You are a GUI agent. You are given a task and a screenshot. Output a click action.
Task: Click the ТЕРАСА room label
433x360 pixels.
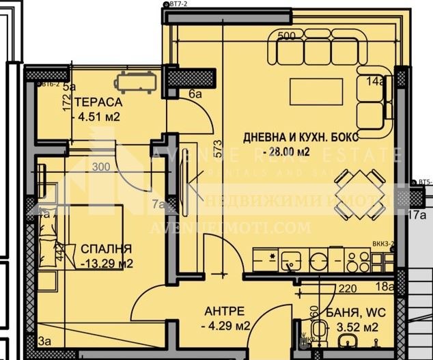click(98, 102)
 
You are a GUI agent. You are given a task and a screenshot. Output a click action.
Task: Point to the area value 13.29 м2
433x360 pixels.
click(107, 262)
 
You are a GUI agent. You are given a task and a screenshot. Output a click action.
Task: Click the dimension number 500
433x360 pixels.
click(287, 35)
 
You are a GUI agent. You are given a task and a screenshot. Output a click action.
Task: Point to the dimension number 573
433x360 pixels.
click(218, 148)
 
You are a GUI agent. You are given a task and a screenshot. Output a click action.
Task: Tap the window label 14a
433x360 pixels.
click(375, 82)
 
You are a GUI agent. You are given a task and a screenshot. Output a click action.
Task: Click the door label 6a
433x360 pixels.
click(196, 94)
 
